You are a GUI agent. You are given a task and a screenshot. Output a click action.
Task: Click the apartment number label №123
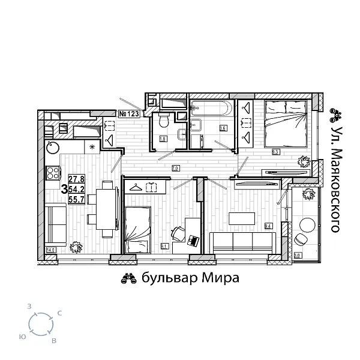129,113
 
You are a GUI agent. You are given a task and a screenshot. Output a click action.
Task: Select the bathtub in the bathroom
209,109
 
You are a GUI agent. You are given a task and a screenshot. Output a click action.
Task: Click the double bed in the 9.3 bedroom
286,123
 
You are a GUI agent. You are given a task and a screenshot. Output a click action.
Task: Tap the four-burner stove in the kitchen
53,173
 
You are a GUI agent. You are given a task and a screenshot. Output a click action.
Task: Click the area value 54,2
76,189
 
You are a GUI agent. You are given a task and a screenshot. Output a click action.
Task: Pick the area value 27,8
76,179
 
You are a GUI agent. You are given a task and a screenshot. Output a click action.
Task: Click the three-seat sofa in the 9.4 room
243,241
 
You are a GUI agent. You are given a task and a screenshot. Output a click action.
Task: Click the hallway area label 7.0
175,168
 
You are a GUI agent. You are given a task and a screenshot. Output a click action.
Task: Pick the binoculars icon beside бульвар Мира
128,278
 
